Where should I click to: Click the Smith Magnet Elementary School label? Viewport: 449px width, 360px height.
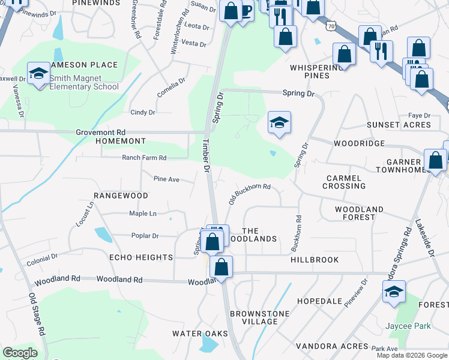point(84,82)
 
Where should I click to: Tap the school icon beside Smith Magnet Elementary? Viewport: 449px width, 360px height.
point(38,73)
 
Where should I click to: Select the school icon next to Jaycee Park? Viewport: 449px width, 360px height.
point(394,292)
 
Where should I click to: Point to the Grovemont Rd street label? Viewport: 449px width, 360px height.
point(100,132)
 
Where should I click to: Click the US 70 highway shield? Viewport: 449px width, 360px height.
point(331,26)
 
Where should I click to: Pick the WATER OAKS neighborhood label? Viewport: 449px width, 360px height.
point(200,333)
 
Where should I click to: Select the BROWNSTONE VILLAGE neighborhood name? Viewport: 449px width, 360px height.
point(260,317)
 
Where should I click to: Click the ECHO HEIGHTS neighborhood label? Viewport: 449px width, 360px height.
point(141,257)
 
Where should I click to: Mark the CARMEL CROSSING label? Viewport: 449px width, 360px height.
point(344,182)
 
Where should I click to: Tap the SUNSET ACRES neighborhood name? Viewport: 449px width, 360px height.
point(399,125)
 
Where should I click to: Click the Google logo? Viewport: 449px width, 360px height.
point(20,353)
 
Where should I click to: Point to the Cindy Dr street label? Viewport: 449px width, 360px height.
point(143,112)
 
